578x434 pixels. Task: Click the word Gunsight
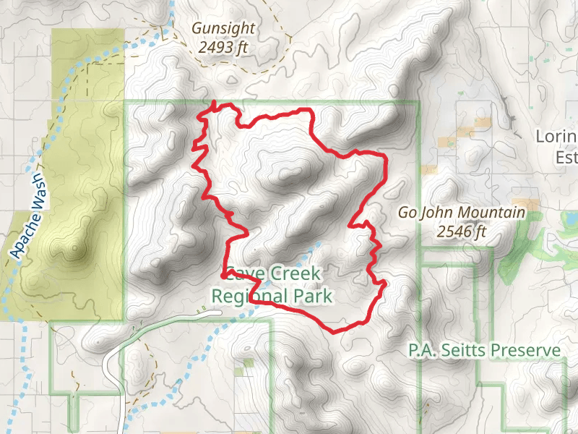click(223, 30)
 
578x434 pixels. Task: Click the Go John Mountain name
click(462, 213)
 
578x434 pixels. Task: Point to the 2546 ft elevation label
click(462, 232)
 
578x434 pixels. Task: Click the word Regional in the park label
click(250, 296)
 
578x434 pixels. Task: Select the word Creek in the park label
click(296, 274)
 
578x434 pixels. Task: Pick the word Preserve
click(525, 351)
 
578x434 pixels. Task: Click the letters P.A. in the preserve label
click(420, 351)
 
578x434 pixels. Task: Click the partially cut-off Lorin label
click(556, 137)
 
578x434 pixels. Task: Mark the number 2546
click(453, 232)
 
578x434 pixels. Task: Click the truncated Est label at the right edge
click(566, 157)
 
